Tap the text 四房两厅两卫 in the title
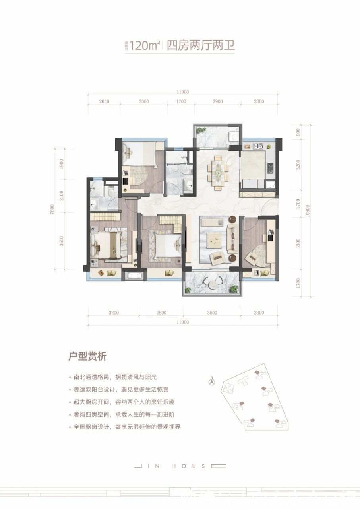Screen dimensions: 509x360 [x=200, y=46]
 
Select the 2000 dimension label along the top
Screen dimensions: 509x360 [x=104, y=101]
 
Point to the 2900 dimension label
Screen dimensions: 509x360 [x=217, y=101]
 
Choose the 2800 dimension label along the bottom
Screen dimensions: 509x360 [x=161, y=313]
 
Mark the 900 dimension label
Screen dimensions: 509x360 [x=298, y=132]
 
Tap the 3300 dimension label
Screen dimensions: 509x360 [x=298, y=243]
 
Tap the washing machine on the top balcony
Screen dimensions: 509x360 [x=233, y=136]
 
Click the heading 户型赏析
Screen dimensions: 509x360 [x=88, y=356]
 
